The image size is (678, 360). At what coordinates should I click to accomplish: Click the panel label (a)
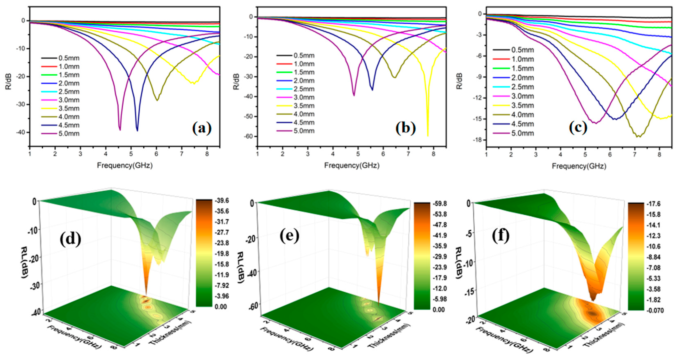coord(202,128)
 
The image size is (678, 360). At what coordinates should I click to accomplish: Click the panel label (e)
coord(289,236)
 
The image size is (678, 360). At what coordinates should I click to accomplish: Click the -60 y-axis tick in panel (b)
coord(248,136)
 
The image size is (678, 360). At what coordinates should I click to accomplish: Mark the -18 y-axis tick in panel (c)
coord(477,140)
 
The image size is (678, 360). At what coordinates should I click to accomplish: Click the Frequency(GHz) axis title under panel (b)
coord(352,165)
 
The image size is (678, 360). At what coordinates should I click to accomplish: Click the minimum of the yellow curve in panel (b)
coord(427,135)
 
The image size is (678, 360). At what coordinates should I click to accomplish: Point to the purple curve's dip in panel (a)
coord(120,129)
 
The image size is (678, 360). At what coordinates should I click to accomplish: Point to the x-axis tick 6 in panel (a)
coord(156,154)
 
